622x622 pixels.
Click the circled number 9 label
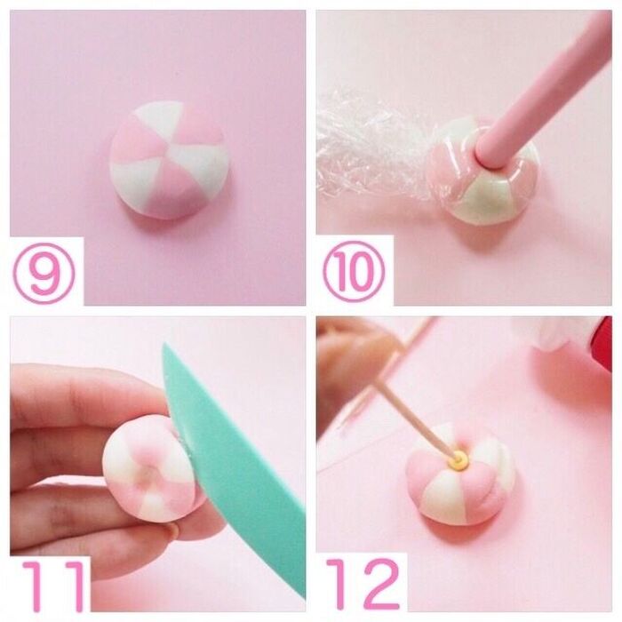click(x=44, y=274)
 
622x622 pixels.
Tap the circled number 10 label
click(x=354, y=272)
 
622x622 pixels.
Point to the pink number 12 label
click(x=363, y=584)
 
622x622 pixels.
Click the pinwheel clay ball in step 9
click(x=169, y=160)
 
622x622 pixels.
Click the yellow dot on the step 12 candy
click(x=461, y=460)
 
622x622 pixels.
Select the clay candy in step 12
click(x=460, y=476)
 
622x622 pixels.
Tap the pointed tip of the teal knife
click(x=165, y=345)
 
